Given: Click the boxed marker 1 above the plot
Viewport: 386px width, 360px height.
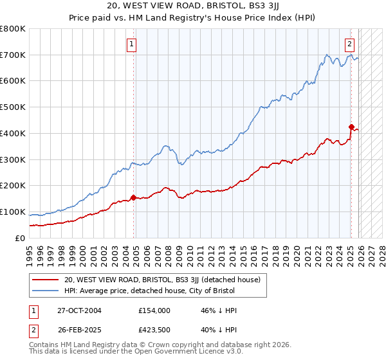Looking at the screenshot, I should [131, 44].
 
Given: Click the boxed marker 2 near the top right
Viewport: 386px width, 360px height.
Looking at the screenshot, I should [349, 44].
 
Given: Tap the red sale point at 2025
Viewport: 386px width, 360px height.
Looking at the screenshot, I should [351, 127].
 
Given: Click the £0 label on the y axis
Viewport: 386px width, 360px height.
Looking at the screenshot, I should [21, 238].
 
